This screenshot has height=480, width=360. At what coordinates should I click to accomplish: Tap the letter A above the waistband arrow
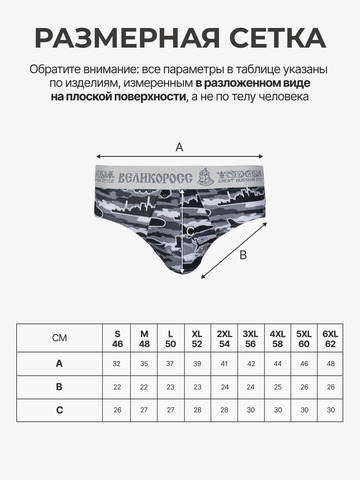point(179,146)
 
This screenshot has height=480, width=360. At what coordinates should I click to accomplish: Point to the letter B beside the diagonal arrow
point(242,254)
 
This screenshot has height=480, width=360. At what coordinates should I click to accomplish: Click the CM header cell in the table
point(60,337)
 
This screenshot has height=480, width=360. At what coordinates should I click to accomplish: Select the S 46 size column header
point(117,337)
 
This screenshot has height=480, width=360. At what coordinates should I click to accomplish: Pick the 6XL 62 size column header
point(330,337)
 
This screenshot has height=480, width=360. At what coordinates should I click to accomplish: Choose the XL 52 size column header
point(197,337)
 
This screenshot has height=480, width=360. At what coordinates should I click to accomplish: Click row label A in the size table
point(60,364)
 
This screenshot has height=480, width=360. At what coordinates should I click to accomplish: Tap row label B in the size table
point(60,386)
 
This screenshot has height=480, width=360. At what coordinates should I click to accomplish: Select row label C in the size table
point(60,409)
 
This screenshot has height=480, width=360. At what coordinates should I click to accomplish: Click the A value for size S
point(117,364)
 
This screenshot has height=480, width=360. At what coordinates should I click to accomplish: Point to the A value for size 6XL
point(330,364)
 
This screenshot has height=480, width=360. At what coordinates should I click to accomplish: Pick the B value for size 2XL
point(224,386)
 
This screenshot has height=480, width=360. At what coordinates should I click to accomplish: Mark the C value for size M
point(144,409)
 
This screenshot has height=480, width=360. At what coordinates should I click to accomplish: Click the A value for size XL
point(197,364)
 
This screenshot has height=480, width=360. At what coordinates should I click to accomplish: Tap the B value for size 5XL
point(304,386)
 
